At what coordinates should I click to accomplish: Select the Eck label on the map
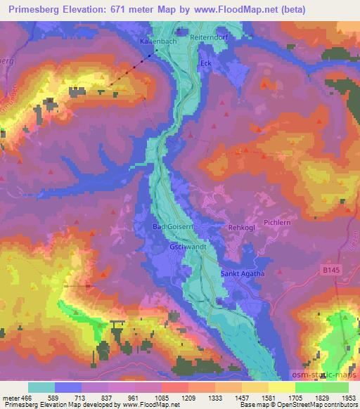[x=205, y=62]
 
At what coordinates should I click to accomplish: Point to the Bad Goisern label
[x=172, y=227]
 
